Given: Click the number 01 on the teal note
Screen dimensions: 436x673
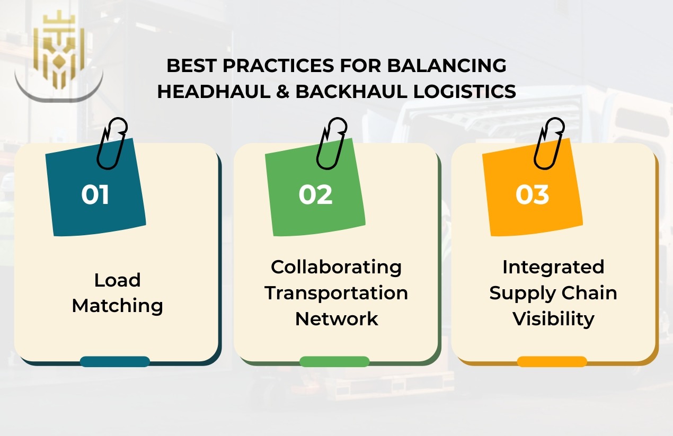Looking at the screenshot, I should click(95, 194).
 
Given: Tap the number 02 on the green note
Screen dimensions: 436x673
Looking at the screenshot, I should click(315, 194).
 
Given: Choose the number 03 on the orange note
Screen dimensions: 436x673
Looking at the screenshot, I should click(533, 194).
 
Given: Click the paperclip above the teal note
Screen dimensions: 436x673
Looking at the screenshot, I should click(112, 143).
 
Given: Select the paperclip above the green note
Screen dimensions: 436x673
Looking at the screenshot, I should click(332, 143).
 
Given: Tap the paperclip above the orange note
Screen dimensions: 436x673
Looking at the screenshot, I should click(548, 143).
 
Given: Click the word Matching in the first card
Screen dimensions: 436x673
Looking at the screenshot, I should click(117, 306).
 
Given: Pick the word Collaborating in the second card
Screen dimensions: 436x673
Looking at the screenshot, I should click(336, 266).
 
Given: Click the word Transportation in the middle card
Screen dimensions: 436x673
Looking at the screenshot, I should click(336, 292).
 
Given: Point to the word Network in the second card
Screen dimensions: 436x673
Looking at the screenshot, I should click(336, 319).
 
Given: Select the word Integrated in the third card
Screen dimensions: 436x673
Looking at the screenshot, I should click(553, 266).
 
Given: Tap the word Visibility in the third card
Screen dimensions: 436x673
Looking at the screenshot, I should click(553, 319).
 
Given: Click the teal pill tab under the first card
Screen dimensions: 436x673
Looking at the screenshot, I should click(115, 362).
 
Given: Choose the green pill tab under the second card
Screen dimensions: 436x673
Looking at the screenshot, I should click(334, 362).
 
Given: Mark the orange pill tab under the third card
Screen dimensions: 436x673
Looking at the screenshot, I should click(552, 362).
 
